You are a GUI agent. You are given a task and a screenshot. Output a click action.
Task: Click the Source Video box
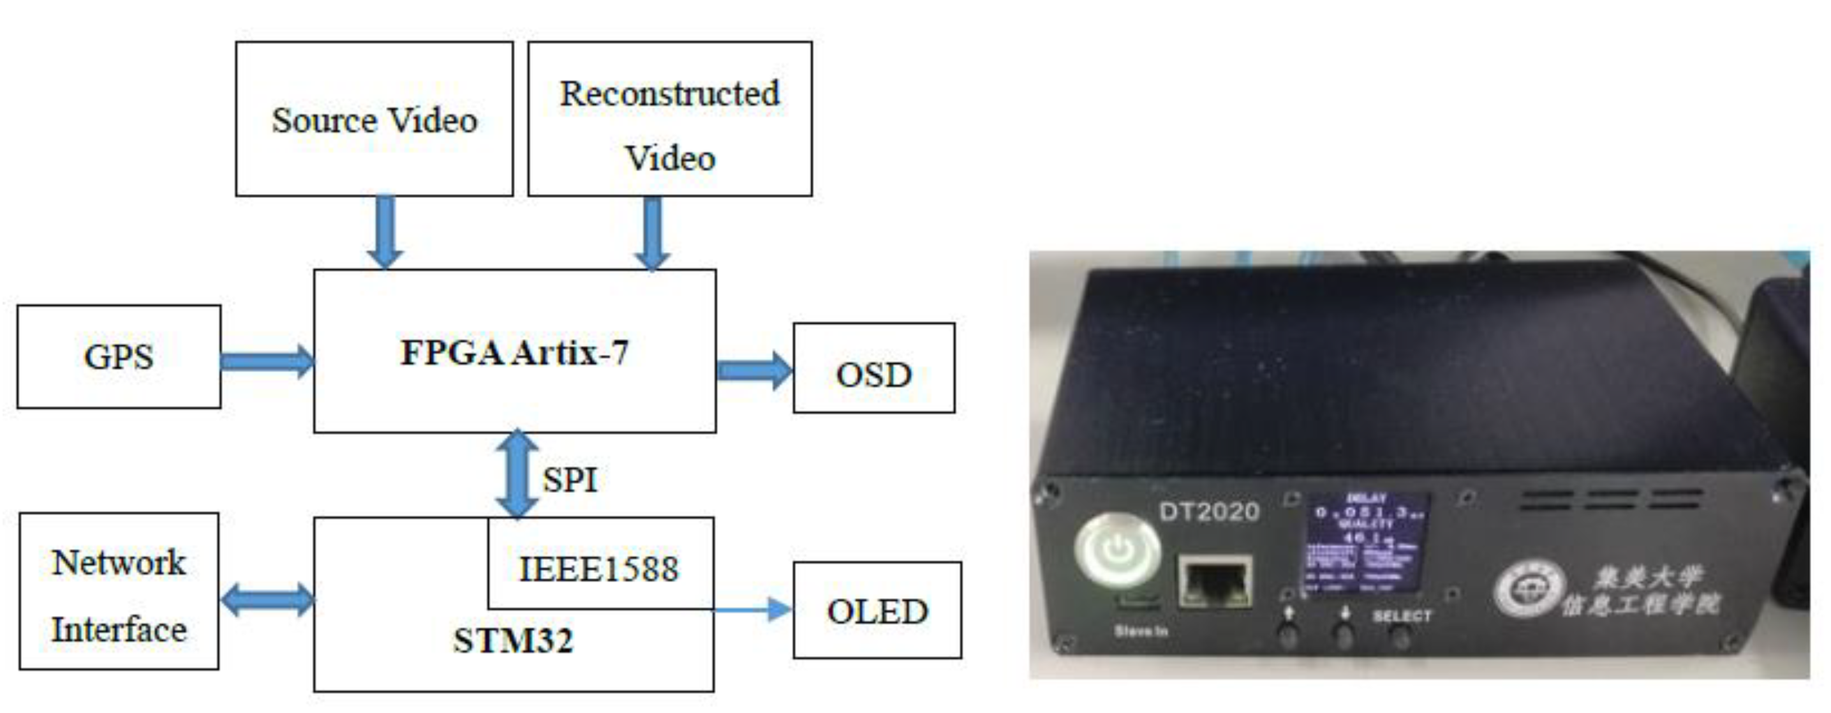pos(374,119)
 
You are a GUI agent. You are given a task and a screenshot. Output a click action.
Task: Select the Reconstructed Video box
pos(670,119)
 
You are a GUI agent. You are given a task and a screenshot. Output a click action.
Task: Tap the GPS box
pos(119,357)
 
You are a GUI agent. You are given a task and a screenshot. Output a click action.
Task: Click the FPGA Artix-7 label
pos(515,352)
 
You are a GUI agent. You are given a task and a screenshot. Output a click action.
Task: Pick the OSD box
pos(873,368)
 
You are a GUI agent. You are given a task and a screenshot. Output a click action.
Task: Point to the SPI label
pos(569,480)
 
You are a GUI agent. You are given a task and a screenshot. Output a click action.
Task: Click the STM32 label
pos(513,640)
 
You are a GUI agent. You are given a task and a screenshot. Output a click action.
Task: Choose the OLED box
pos(877,611)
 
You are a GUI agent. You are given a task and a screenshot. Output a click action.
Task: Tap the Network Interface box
pos(119,592)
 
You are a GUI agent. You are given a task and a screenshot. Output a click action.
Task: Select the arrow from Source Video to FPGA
pos(385,232)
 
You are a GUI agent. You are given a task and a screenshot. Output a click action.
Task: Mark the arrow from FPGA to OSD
pos(753,370)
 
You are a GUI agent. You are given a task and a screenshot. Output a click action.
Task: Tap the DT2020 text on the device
pos(1209,511)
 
